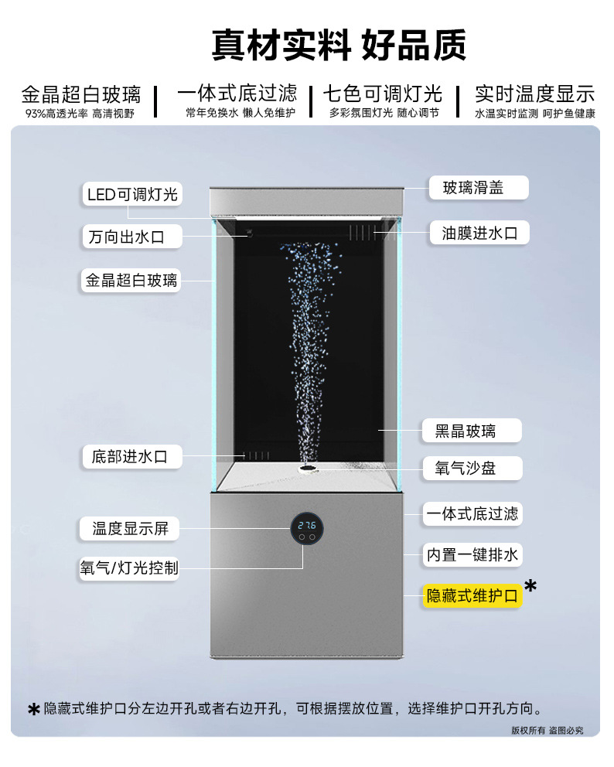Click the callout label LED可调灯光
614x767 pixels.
[x=132, y=194]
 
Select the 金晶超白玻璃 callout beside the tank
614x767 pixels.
[x=131, y=280]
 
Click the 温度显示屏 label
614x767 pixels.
[x=130, y=529]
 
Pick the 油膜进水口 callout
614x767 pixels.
[x=479, y=233]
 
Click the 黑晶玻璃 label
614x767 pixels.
[x=471, y=431]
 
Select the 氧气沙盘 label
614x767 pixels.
[x=471, y=468]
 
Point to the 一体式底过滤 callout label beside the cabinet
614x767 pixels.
[x=472, y=513]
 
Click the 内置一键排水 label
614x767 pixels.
[x=472, y=554]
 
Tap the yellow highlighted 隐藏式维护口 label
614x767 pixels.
[x=472, y=595]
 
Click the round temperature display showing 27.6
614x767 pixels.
[x=307, y=527]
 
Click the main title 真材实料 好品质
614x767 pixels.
[x=339, y=46]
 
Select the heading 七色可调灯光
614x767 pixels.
[x=382, y=94]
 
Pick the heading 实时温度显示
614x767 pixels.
[x=534, y=94]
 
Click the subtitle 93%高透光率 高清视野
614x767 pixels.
[x=80, y=113]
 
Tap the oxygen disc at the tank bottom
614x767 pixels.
[x=308, y=468]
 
